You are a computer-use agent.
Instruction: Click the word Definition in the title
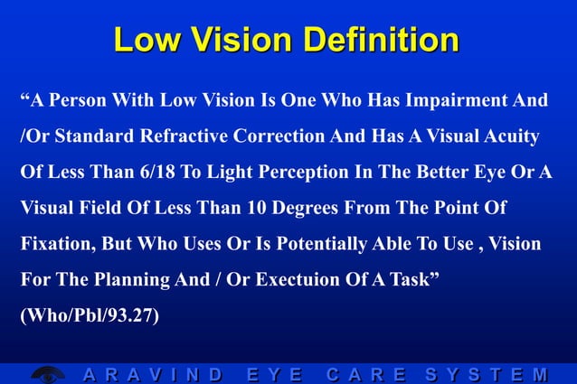pos(382,40)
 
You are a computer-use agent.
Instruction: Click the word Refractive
pos(186,136)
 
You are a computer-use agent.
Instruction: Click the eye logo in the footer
pos(46,374)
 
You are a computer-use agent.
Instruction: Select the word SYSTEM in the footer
pos(484,374)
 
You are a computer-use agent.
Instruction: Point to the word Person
pos(79,100)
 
